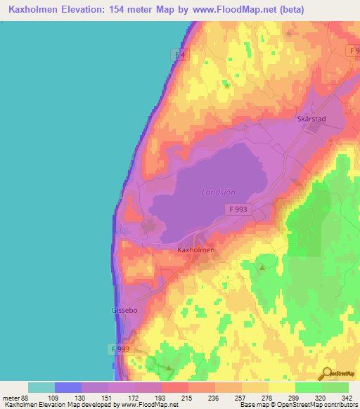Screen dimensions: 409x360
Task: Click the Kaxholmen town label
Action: [x=195, y=249]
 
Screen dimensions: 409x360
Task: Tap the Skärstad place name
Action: [x=313, y=119]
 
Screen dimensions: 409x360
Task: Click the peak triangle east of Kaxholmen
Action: [x=262, y=267]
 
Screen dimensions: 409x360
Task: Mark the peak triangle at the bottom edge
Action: [x=169, y=367]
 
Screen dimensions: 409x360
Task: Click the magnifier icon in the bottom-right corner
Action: [x=327, y=373]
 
